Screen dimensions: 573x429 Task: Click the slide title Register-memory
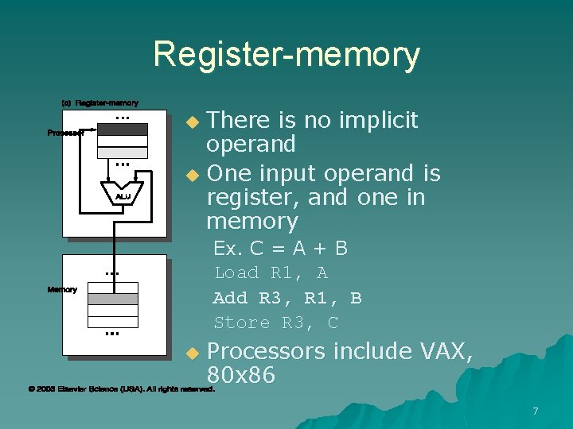click(286, 55)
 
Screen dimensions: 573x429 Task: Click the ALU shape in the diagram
click(123, 195)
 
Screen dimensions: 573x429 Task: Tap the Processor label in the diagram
click(65, 133)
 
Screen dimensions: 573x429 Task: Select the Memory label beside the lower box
click(62, 290)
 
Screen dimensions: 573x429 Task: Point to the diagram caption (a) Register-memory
click(100, 102)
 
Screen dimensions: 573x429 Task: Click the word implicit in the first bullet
click(378, 120)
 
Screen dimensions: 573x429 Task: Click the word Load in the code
click(236, 273)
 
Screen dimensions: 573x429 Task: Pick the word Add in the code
click(231, 298)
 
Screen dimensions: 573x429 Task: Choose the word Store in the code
click(242, 323)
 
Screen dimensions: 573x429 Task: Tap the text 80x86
click(240, 374)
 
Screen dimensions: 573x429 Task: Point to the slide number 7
click(536, 411)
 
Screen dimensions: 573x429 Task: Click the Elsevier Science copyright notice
click(121, 389)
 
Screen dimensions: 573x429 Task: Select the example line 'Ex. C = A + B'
click(280, 249)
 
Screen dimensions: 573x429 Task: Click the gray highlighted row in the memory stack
click(113, 300)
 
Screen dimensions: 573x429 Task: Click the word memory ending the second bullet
click(251, 221)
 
